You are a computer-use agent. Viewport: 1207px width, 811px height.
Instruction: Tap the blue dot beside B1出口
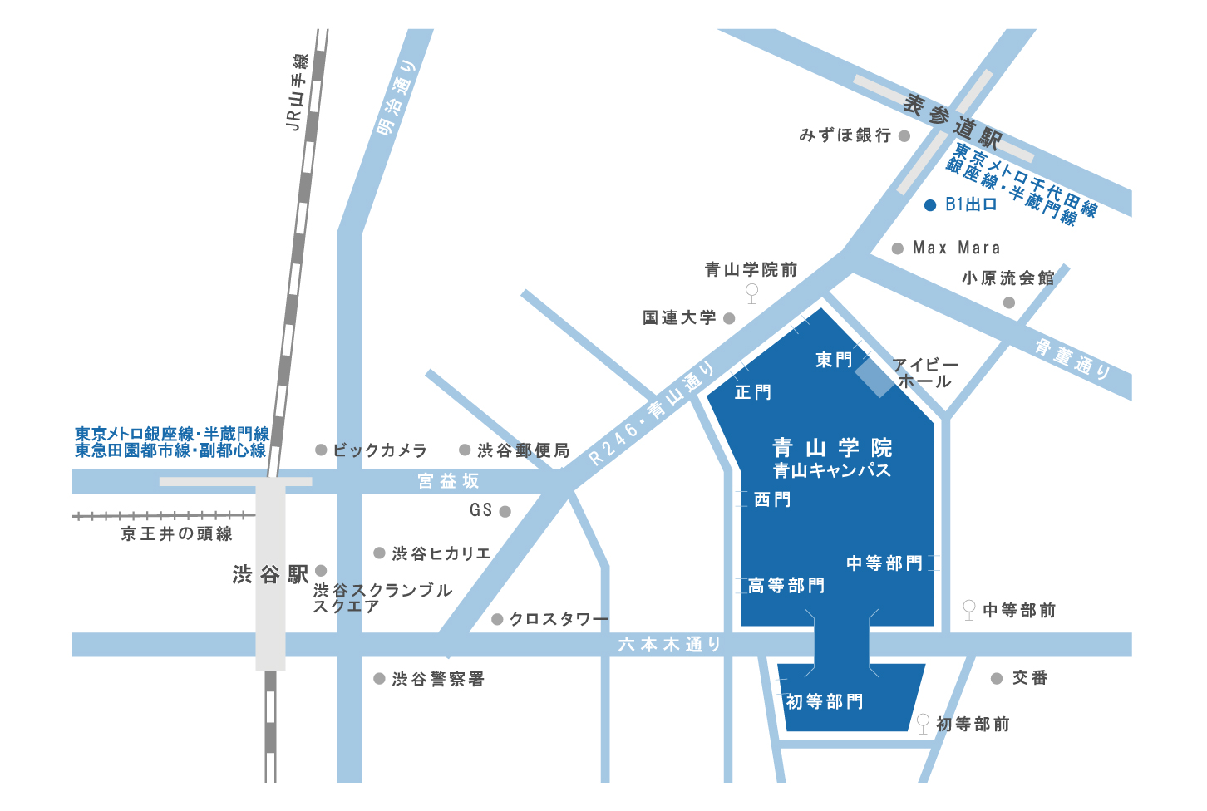point(930,204)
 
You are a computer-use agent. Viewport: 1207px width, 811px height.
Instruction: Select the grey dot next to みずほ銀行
point(904,135)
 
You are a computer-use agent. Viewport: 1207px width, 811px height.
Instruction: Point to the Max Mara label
point(956,248)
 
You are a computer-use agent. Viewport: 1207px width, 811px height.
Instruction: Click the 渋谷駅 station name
point(270,574)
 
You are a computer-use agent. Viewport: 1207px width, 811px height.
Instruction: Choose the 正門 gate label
point(753,391)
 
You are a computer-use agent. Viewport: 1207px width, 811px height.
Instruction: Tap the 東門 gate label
point(834,360)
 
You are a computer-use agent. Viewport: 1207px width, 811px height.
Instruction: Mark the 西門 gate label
point(772,499)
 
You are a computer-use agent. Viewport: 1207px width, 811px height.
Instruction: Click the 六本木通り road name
point(669,644)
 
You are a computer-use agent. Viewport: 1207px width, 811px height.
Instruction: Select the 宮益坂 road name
point(449,480)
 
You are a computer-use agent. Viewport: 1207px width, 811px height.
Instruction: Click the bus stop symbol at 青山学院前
point(751,292)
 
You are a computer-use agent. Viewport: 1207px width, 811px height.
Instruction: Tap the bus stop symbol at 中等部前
point(968,609)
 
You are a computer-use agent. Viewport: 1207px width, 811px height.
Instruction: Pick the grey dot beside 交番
point(997,679)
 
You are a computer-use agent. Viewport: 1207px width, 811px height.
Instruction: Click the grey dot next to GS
point(505,512)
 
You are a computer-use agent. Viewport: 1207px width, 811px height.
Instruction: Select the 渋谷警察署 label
point(438,679)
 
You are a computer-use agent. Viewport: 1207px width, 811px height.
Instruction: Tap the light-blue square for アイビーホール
point(877,376)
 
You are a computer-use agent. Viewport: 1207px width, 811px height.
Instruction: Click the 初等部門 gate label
point(825,702)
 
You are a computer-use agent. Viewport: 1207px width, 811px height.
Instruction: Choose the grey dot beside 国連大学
point(729,318)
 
